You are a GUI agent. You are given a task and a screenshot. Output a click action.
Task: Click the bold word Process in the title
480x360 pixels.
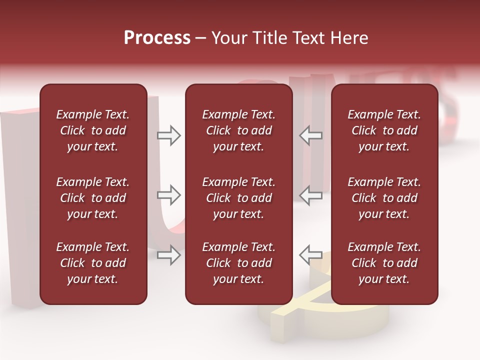point(157,38)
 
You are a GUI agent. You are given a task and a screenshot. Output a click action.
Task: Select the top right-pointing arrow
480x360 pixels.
point(169,135)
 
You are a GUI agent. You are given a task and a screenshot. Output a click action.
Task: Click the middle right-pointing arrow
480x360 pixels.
point(169,195)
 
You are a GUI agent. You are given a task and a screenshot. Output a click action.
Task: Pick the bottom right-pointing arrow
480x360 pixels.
point(169,255)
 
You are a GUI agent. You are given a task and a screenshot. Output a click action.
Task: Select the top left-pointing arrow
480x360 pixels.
point(311,135)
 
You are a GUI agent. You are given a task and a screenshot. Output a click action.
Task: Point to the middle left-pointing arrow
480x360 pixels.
point(311,195)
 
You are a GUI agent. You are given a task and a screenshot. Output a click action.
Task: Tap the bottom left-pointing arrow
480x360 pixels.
point(311,255)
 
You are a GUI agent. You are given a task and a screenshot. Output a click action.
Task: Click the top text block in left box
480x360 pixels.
point(93,130)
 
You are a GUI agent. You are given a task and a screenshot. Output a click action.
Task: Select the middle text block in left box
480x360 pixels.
point(93,198)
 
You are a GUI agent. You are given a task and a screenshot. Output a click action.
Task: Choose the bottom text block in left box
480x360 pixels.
point(93,263)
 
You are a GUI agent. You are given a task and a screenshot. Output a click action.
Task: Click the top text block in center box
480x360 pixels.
point(238,130)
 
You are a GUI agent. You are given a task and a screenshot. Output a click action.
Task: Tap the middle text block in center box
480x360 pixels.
point(238,198)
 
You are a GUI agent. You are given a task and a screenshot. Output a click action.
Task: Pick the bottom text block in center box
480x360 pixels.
point(238,263)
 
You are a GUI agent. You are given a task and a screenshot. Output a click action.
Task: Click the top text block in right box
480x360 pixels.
point(384,130)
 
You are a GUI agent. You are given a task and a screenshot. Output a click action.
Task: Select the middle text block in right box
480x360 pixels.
point(384,198)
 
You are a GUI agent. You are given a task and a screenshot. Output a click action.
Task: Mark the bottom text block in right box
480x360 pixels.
point(384,263)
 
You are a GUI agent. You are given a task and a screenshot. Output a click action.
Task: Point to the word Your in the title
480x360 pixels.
point(229,38)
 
